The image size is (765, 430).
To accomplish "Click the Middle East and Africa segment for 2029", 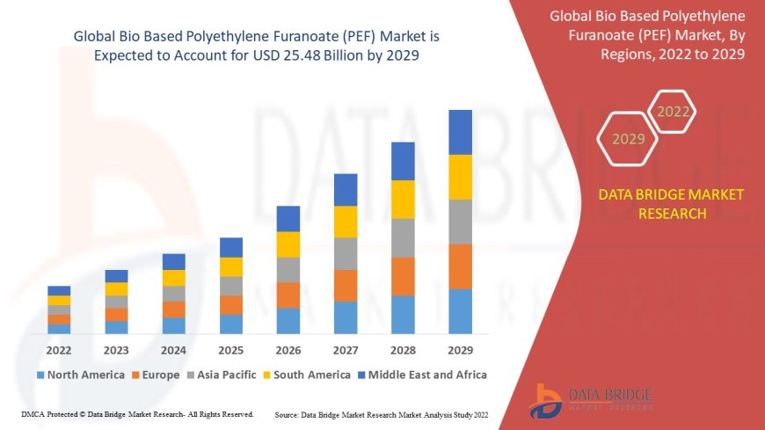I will tap(460, 132).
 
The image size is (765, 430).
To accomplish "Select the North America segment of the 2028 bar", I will tap(403, 314).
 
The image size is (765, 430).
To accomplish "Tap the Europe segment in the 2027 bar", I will tap(346, 285).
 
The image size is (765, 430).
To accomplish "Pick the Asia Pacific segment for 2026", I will tap(288, 269).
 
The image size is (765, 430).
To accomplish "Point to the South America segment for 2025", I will tap(231, 266).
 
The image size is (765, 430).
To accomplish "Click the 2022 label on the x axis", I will tap(59, 349).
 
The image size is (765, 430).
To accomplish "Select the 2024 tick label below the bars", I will tap(174, 349).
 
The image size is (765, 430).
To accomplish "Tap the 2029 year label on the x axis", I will tap(460, 349).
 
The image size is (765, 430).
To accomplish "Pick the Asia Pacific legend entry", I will tap(222, 375).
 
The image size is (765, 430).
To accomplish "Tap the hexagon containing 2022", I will tap(674, 112).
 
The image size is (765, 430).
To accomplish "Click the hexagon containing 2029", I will tap(628, 139).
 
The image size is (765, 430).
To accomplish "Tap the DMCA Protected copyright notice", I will tap(137, 413).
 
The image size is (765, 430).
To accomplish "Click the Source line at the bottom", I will tap(381, 413).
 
